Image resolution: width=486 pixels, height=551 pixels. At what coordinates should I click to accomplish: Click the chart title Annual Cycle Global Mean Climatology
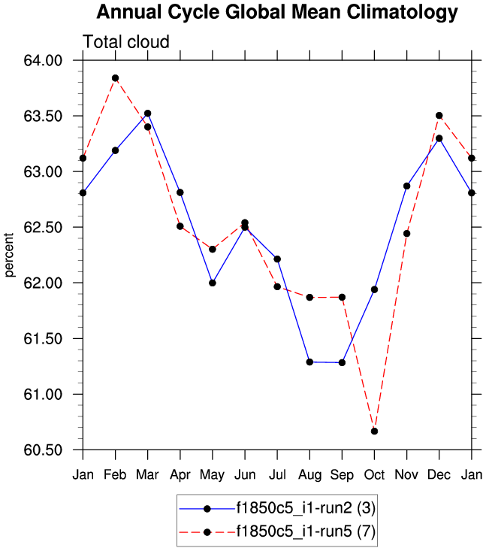tap(277, 13)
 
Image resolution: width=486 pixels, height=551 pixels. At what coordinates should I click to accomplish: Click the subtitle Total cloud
tap(126, 42)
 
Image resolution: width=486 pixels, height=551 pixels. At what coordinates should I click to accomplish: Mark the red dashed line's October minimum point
tap(374, 431)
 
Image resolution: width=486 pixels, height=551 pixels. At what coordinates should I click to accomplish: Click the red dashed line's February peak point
tap(115, 78)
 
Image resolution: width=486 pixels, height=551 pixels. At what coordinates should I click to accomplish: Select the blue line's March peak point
tap(147, 114)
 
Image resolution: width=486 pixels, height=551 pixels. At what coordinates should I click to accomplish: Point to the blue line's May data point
tap(213, 283)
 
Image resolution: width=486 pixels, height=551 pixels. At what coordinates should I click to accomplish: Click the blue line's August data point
tap(309, 362)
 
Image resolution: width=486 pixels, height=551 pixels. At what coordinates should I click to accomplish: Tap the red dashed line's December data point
tap(439, 116)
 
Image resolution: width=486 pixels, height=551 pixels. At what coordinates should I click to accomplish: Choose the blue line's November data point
tap(406, 186)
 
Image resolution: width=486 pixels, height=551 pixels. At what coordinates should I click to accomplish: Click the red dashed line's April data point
tap(180, 226)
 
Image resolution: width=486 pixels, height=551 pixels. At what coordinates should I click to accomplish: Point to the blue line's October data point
tap(374, 289)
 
